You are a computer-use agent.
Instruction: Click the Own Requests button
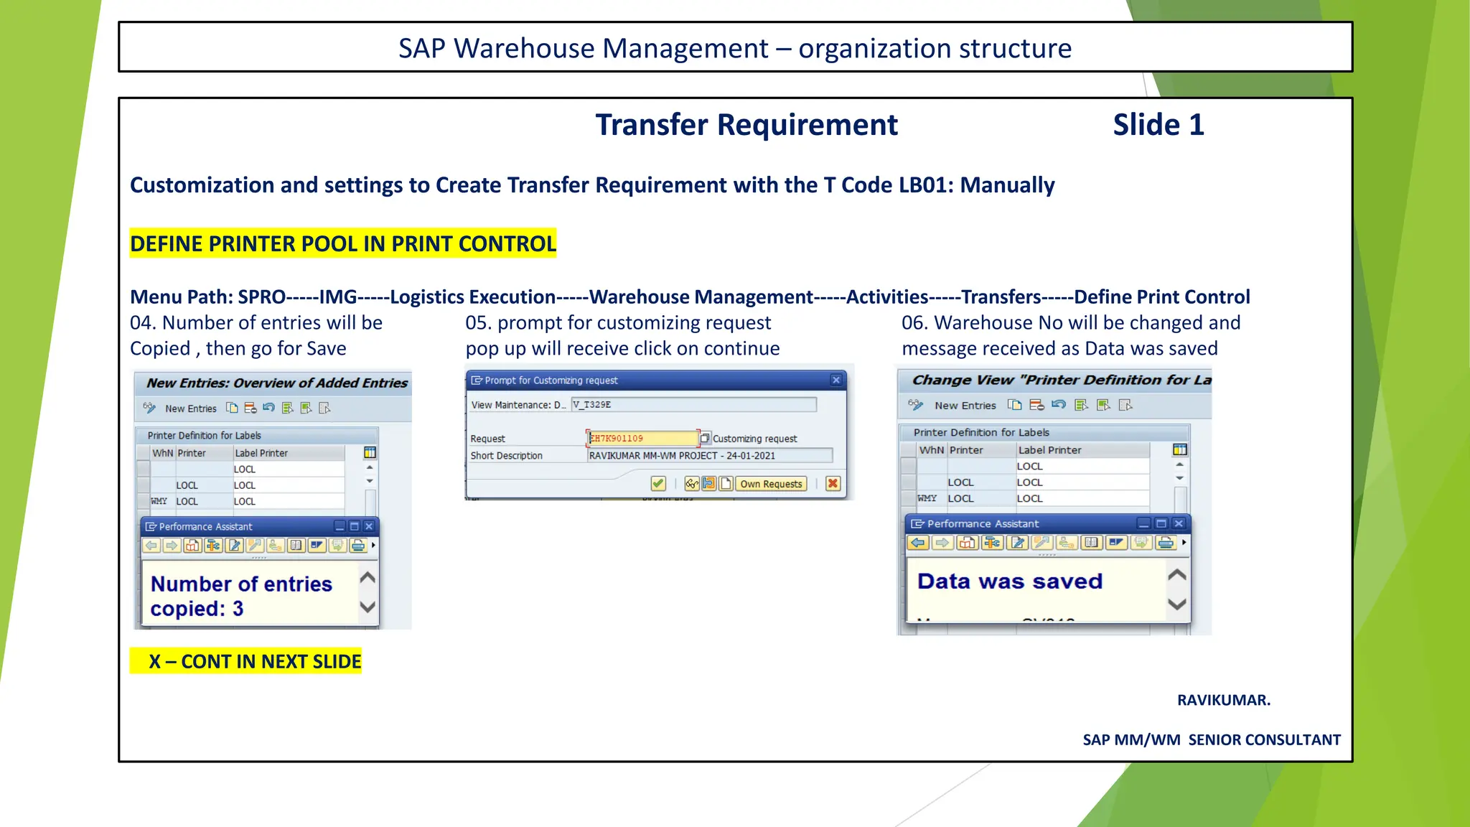pyautogui.click(x=771, y=484)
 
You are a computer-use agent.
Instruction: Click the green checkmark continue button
pyautogui.click(x=658, y=484)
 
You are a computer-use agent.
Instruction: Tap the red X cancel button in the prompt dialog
pyautogui.click(x=833, y=484)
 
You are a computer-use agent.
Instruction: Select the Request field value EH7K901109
pyautogui.click(x=642, y=439)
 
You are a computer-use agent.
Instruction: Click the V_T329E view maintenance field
pyautogui.click(x=693, y=405)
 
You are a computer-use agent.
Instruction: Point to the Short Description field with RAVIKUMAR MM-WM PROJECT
pyautogui.click(x=709, y=456)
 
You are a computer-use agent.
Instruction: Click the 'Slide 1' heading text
pyautogui.click(x=1158, y=125)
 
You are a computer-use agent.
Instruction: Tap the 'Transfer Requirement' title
pyautogui.click(x=746, y=125)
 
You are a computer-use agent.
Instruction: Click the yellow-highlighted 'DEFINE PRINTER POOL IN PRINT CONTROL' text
pyautogui.click(x=343, y=244)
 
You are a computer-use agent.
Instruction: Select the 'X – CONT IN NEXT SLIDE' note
pyautogui.click(x=246, y=661)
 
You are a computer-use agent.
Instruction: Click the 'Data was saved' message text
pyautogui.click(x=1009, y=581)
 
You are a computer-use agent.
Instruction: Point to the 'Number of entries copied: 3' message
pyautogui.click(x=241, y=596)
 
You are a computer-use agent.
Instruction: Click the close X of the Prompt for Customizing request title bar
pyautogui.click(x=836, y=380)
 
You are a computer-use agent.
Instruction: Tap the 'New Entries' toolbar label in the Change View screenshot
pyautogui.click(x=965, y=406)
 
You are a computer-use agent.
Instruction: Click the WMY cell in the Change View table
pyautogui.click(x=927, y=498)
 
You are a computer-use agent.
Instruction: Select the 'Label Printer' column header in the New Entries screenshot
pyautogui.click(x=261, y=454)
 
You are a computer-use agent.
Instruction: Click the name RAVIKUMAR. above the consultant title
pyautogui.click(x=1223, y=700)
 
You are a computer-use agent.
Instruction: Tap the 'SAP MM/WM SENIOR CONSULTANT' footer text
pyautogui.click(x=1211, y=739)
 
